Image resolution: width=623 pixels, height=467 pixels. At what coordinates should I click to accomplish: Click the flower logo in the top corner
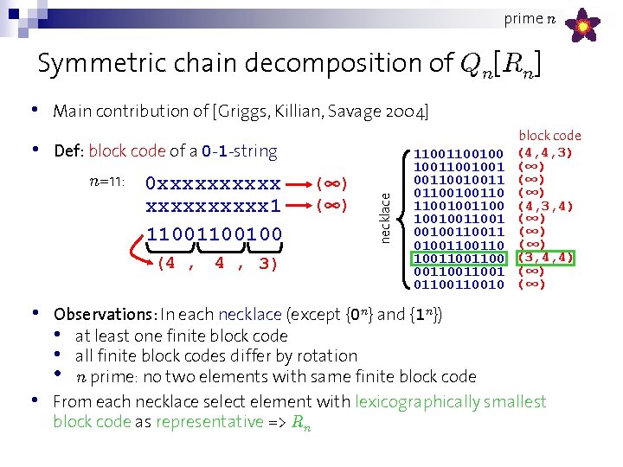[584, 26]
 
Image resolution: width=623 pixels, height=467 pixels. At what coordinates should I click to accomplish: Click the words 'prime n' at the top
[523, 18]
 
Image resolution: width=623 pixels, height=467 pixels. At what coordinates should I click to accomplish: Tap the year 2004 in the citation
[408, 112]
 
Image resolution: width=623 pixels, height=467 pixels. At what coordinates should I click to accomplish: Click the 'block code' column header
[549, 136]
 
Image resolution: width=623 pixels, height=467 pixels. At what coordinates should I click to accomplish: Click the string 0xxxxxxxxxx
[214, 184]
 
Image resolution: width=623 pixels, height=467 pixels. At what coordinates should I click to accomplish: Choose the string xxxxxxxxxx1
[214, 207]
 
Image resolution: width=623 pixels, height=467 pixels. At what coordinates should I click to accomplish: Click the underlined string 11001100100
[214, 233]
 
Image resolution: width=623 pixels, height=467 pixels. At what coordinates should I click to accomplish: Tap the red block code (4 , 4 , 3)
[217, 264]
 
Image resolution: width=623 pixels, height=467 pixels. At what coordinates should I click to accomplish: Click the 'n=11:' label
[108, 182]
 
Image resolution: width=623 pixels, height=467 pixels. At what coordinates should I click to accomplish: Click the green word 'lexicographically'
[429, 401]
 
